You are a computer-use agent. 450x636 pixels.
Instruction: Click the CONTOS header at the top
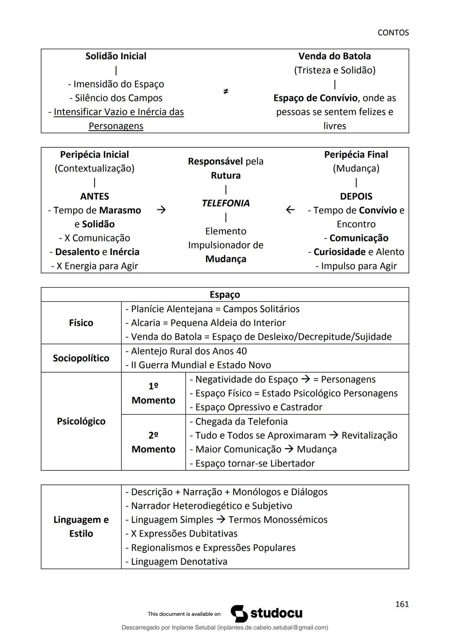pyautogui.click(x=393, y=32)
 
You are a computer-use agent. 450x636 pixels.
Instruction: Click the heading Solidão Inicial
pyautogui.click(x=116, y=56)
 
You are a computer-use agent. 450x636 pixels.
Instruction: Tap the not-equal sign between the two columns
pyautogui.click(x=225, y=91)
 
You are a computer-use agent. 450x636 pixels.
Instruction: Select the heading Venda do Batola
pyautogui.click(x=335, y=56)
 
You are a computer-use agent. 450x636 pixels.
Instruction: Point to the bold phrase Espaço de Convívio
pyautogui.click(x=315, y=98)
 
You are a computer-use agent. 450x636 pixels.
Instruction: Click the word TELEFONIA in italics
pyautogui.click(x=225, y=203)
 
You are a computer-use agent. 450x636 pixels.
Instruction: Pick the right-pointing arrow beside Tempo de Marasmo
pyautogui.click(x=161, y=210)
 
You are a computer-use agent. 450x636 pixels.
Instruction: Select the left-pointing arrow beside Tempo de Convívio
pyautogui.click(x=290, y=210)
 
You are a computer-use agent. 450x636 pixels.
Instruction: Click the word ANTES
pyautogui.click(x=95, y=196)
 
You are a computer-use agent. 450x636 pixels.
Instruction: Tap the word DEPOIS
pyautogui.click(x=356, y=196)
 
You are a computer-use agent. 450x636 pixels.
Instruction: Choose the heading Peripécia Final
pyautogui.click(x=356, y=155)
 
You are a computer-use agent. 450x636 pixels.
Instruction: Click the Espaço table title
pyautogui.click(x=225, y=295)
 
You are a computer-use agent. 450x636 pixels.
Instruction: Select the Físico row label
pyautogui.click(x=81, y=323)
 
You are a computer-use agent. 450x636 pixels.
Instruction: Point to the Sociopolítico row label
pyautogui.click(x=81, y=358)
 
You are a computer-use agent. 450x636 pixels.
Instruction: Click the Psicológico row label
pyautogui.click(x=81, y=421)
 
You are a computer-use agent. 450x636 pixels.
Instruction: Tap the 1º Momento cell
pyautogui.click(x=153, y=393)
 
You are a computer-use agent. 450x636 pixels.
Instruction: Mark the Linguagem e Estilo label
pyautogui.click(x=81, y=527)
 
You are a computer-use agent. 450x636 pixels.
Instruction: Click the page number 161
pyautogui.click(x=402, y=604)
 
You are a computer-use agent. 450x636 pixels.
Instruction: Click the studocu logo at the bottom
pyautogui.click(x=267, y=614)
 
